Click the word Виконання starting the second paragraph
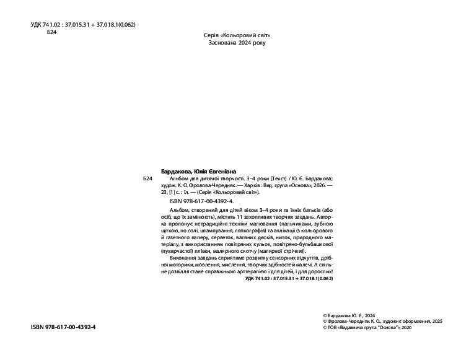(183, 257)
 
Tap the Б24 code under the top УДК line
(52, 32)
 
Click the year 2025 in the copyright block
(436, 321)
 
